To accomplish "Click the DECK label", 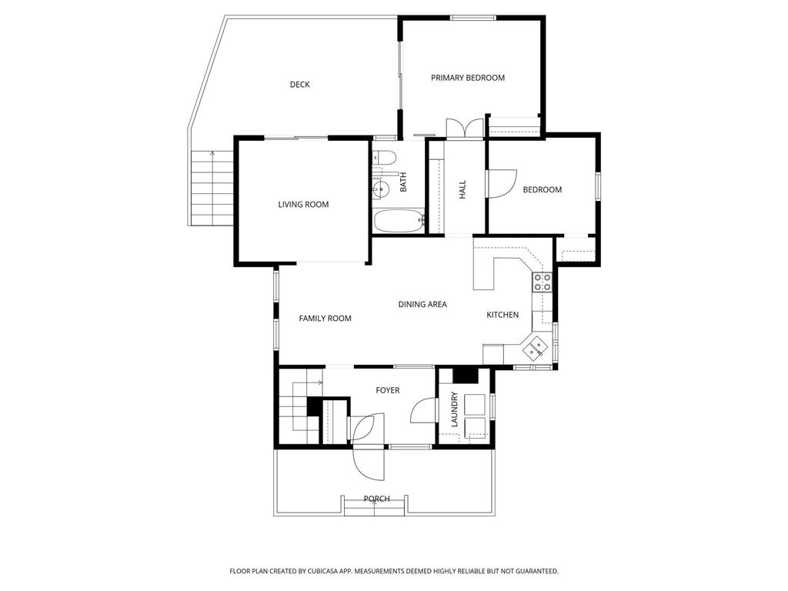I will pyautogui.click(x=299, y=85).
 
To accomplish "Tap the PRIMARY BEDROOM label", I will pyautogui.click(x=467, y=78).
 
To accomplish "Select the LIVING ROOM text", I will pyautogui.click(x=303, y=205).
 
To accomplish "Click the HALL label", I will pyautogui.click(x=462, y=190).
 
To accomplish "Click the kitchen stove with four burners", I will pyautogui.click(x=543, y=282).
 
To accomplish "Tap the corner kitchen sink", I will pyautogui.click(x=536, y=349).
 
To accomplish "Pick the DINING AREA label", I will pyautogui.click(x=422, y=305).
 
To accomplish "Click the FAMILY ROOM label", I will pyautogui.click(x=325, y=319).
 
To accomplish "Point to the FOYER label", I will pyautogui.click(x=388, y=391).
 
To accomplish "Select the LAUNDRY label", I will pyautogui.click(x=455, y=409).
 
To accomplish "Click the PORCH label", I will pyautogui.click(x=376, y=499).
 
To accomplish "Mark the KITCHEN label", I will pyautogui.click(x=503, y=315).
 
